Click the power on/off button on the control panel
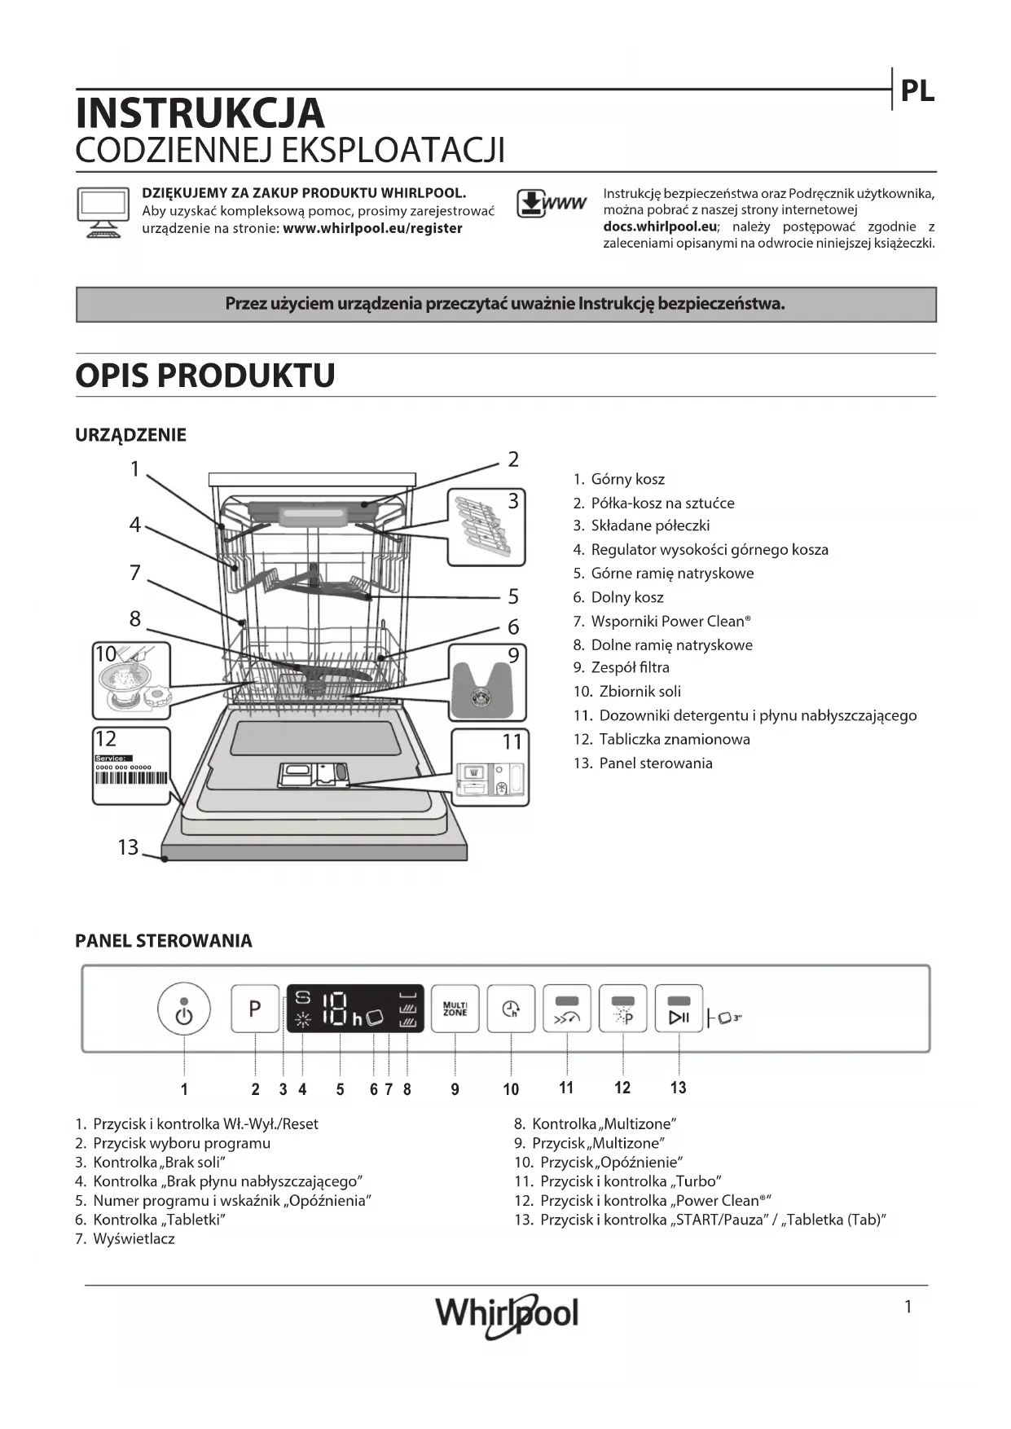[x=184, y=1009]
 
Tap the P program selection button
[x=255, y=1009]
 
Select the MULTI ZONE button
[x=455, y=1009]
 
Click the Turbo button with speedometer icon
[x=567, y=1009]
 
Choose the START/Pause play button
[x=679, y=1009]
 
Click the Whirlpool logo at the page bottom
[x=507, y=1313]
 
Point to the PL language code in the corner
[x=916, y=91]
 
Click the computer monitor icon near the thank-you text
[x=103, y=211]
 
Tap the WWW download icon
[x=551, y=204]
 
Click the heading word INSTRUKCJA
[x=200, y=113]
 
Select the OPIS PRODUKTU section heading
[x=205, y=376]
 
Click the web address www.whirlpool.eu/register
[x=372, y=229]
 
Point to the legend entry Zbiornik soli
[x=640, y=692]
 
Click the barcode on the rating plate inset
[x=131, y=777]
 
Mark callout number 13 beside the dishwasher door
[x=128, y=847]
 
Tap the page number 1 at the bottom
[x=908, y=1307]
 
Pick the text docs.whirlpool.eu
[x=660, y=226]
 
